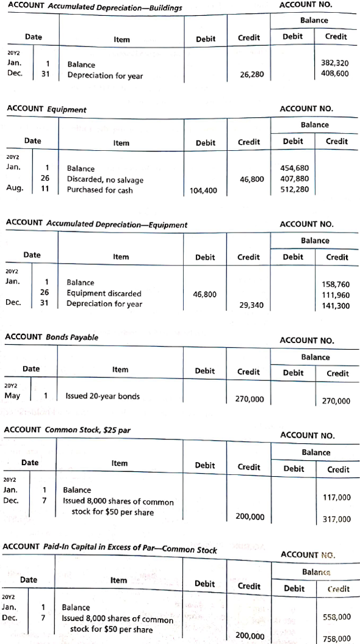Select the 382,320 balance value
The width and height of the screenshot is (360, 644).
click(334, 63)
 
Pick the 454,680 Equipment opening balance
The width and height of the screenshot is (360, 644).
click(293, 168)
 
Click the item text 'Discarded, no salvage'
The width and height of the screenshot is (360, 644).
click(105, 179)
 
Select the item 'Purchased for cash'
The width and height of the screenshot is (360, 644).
click(99, 190)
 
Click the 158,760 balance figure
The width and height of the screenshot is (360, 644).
click(335, 284)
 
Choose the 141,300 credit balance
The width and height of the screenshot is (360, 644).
click(335, 305)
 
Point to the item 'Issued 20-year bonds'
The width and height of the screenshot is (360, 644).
click(103, 396)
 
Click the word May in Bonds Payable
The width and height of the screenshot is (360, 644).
click(12, 396)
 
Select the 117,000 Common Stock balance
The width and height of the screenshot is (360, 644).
click(336, 497)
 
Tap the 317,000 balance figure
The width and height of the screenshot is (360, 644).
click(336, 519)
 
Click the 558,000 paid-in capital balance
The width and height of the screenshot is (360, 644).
click(336, 617)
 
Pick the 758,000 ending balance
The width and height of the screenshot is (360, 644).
click(336, 638)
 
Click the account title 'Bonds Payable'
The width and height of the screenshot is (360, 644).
click(73, 338)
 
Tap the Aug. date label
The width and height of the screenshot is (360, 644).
click(15, 189)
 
